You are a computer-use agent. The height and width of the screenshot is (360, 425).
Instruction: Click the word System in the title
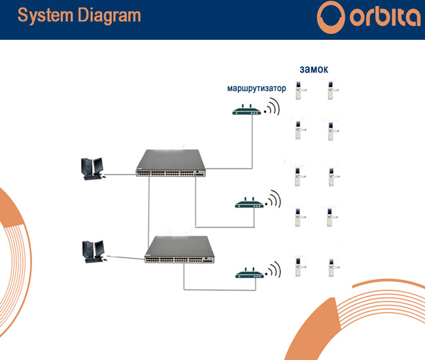tap(45, 16)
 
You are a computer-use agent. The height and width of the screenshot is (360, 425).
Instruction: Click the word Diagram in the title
tap(109, 16)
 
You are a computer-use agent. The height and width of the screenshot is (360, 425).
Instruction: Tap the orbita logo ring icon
tap(331, 17)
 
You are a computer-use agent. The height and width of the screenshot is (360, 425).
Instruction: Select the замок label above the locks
tap(314, 69)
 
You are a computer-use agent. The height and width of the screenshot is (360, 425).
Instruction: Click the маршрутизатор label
tap(256, 88)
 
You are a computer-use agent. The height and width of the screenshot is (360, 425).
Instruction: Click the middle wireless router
tap(249, 203)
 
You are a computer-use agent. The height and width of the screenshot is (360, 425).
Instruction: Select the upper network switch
tap(171, 163)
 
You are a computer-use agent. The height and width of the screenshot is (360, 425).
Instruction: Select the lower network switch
tap(179, 249)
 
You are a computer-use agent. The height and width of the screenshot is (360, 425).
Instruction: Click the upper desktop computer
tap(93, 169)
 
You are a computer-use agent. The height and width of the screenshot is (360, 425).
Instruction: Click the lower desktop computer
tap(94, 251)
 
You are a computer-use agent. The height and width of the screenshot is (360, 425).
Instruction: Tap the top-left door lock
tap(299, 90)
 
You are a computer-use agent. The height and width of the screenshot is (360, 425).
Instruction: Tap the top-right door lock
tap(332, 90)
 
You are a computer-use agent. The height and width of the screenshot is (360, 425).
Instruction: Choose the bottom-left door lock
tap(300, 267)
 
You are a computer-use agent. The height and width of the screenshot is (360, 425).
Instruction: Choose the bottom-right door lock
tap(333, 267)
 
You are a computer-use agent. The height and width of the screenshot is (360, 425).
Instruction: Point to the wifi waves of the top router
tap(272, 107)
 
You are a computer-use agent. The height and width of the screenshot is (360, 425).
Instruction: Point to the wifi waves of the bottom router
tap(273, 270)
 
